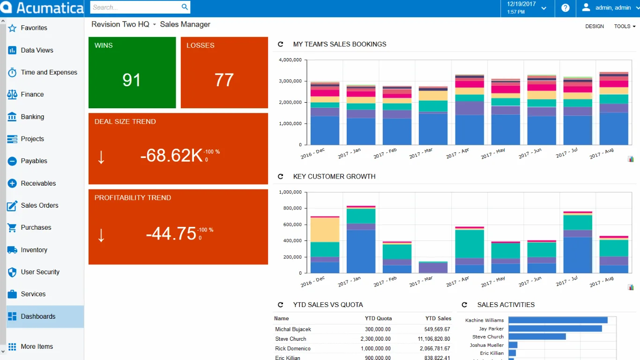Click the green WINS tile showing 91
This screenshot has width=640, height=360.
tap(132, 73)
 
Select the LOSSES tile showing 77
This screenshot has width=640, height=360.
tap(224, 73)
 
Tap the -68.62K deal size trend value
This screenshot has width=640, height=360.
tap(171, 156)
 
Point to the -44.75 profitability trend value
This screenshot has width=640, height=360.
tap(171, 233)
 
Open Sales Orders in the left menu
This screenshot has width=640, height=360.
tap(39, 205)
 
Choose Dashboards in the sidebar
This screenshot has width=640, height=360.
tap(38, 316)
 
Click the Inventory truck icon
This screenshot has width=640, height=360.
tap(12, 250)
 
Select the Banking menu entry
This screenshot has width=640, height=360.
tap(32, 117)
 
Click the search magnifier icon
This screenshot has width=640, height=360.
tap(185, 7)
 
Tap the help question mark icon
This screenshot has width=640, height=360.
tap(566, 8)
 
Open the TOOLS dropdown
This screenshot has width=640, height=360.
tap(625, 26)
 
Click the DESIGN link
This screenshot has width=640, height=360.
tap(595, 26)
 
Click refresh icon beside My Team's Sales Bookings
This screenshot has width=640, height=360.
tap(281, 44)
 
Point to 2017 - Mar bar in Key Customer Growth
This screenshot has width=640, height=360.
tap(433, 268)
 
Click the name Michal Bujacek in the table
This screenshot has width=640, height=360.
tap(293, 329)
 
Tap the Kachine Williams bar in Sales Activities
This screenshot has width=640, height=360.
tap(558, 320)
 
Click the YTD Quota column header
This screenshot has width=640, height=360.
tap(378, 318)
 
